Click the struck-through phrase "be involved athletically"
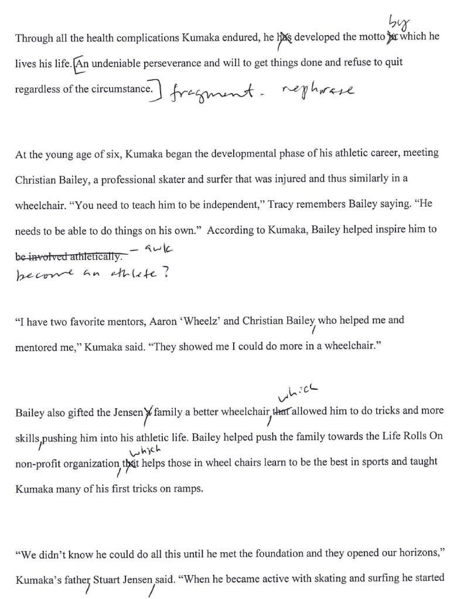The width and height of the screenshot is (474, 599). [69, 256]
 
